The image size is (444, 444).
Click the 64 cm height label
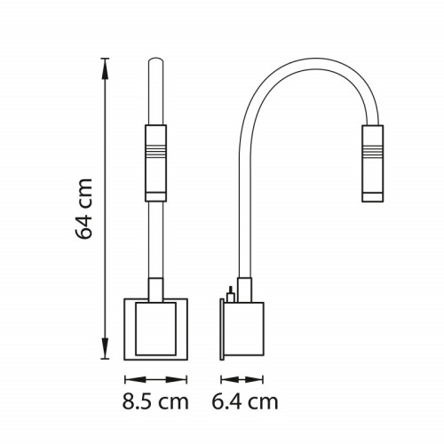(84, 209)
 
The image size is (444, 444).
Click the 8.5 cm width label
(155, 401)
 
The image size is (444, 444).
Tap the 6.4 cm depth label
(245, 401)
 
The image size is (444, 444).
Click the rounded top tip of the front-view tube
(155, 59)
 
